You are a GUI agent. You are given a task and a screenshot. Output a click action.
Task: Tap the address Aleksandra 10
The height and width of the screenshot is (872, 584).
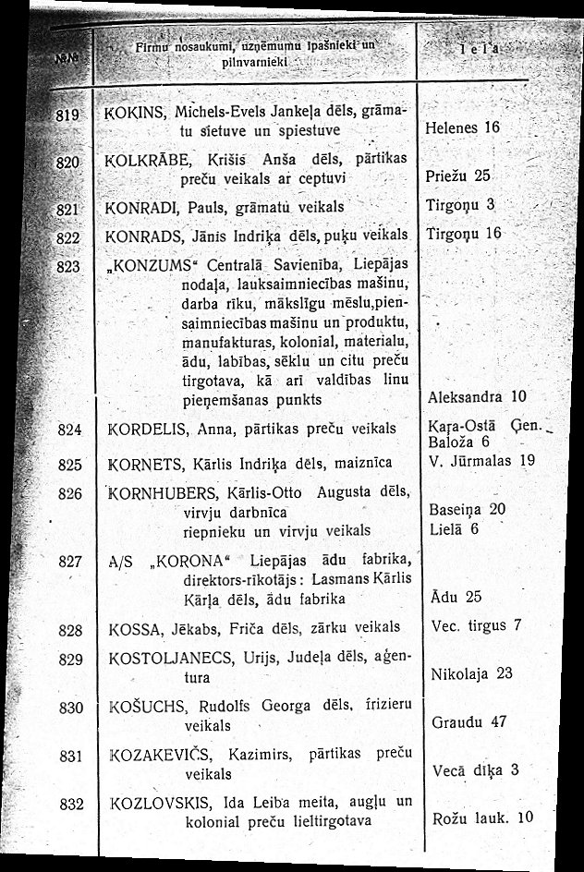click(477, 397)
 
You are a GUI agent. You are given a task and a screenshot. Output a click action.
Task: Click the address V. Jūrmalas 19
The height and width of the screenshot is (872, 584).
click(483, 459)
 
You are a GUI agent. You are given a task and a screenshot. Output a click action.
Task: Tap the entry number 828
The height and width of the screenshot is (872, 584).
click(70, 632)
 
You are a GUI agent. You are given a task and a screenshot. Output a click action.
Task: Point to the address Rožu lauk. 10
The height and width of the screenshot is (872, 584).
click(482, 817)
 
